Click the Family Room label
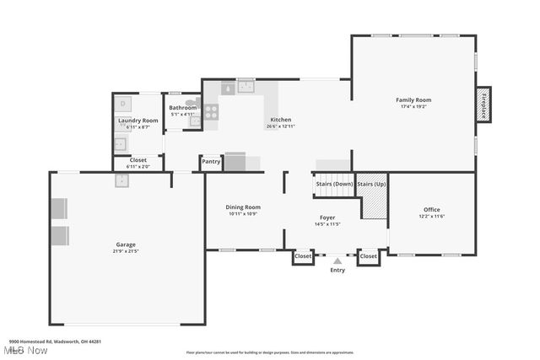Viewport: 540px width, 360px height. (413, 100)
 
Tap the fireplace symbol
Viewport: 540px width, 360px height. (483, 105)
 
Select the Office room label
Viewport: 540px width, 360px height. (431, 210)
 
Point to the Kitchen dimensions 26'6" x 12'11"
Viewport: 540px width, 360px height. (281, 126)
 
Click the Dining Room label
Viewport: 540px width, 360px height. (243, 207)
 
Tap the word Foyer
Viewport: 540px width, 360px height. (327, 218)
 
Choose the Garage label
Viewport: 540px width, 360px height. (126, 244)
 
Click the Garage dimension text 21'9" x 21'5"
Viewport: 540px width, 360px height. (126, 251)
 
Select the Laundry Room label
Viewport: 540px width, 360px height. (138, 121)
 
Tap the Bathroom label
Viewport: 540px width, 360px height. (182, 108)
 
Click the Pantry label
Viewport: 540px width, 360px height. (211, 161)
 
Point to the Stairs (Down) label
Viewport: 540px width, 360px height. (334, 184)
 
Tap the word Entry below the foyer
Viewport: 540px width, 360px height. (337, 270)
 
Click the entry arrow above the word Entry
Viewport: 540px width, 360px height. (337, 261)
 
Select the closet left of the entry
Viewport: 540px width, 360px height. (303, 255)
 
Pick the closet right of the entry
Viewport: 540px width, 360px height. (369, 255)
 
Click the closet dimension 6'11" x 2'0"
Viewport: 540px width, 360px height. (137, 167)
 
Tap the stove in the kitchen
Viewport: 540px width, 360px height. (211, 110)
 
